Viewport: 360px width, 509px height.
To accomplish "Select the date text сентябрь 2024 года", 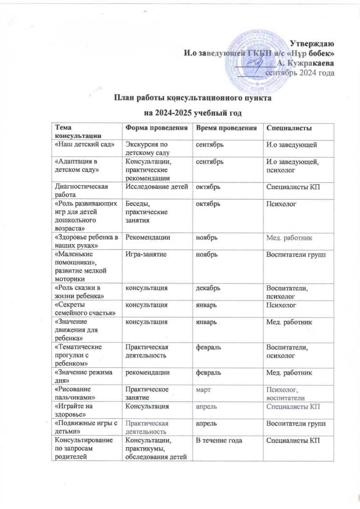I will (x=300, y=72).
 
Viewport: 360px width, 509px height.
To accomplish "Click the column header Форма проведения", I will (x=153, y=127).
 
